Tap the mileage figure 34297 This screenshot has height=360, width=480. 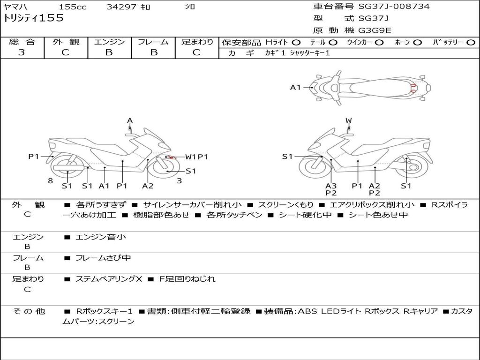coord(121,7)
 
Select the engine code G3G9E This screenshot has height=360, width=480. coord(375,30)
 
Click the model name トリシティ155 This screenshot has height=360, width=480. coord(33,18)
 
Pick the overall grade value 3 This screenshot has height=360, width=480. coord(22,52)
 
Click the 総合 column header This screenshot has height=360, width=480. coord(22,42)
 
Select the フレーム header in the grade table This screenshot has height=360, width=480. coord(153,42)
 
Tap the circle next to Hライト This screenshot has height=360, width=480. coord(296,43)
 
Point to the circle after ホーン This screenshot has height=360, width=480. coord(418,43)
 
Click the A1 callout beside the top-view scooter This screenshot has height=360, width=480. coord(295,87)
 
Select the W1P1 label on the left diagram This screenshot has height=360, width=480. coord(196,157)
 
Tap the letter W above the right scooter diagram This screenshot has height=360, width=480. coord(348,121)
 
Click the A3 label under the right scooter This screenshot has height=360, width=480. coord(331,186)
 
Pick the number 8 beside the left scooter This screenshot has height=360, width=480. coord(50,181)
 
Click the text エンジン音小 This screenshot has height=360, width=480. coord(101,237)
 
